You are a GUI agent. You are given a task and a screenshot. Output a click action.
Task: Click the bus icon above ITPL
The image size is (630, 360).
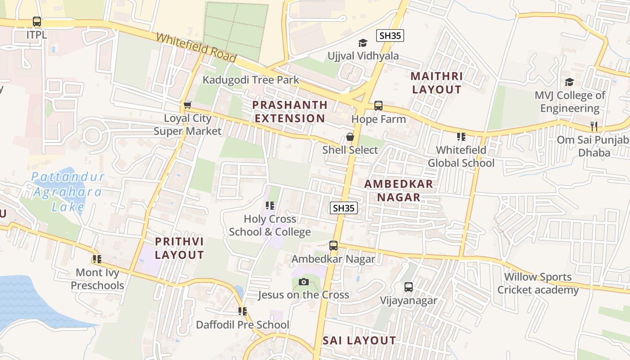point(37,21)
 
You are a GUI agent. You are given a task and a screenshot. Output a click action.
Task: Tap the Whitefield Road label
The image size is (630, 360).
point(196,47)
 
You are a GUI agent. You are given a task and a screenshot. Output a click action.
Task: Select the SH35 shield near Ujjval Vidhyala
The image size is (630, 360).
point(390,36)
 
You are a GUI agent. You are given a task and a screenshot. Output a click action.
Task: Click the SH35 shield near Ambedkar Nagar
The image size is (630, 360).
point(344,207)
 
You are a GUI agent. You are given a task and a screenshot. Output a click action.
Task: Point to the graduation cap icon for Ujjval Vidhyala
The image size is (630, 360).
point(363,43)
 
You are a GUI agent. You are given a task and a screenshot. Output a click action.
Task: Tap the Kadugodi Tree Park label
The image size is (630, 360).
point(251,80)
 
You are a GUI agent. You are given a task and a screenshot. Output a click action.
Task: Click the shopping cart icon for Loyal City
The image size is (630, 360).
point(188,105)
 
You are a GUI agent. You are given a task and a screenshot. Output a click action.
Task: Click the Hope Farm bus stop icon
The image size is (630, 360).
point(378,106)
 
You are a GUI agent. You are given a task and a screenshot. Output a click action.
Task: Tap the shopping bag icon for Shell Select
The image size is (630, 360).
point(350,137)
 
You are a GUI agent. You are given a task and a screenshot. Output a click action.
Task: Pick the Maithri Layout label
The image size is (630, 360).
point(436,83)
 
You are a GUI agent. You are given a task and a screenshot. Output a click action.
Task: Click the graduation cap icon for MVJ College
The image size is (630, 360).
point(570,82)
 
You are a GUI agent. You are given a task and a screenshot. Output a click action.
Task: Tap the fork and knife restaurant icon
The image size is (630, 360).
point(594,126)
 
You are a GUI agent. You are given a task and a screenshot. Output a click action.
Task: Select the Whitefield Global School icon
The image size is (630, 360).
point(461,136)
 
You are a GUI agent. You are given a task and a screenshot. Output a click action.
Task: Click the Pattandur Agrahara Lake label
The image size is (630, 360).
point(67,192)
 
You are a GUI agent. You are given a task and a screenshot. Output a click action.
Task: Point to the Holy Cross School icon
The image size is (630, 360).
point(270,206)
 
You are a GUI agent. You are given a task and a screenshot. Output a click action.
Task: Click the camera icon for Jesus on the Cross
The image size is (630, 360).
point(304,282)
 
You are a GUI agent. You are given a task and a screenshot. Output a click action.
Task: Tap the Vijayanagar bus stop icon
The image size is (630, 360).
point(409,287)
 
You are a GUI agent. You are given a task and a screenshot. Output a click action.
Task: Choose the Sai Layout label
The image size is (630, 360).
point(359,341)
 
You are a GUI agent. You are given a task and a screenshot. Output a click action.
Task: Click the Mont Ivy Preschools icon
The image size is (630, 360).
point(97,259)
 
